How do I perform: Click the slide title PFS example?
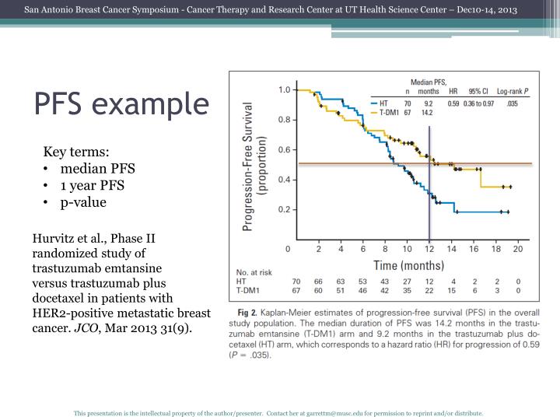(x=121, y=103)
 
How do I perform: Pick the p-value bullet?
(x=83, y=202)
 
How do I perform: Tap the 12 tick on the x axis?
(x=429, y=250)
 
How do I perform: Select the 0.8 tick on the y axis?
(x=285, y=120)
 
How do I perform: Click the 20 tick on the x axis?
(x=518, y=250)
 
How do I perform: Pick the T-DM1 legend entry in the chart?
(x=389, y=112)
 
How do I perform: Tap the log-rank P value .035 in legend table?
(x=511, y=103)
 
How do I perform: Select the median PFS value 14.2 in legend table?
(x=429, y=112)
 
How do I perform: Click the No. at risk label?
(x=254, y=271)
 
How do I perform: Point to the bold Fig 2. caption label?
(x=248, y=312)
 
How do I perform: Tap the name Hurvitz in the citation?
(x=53, y=238)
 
